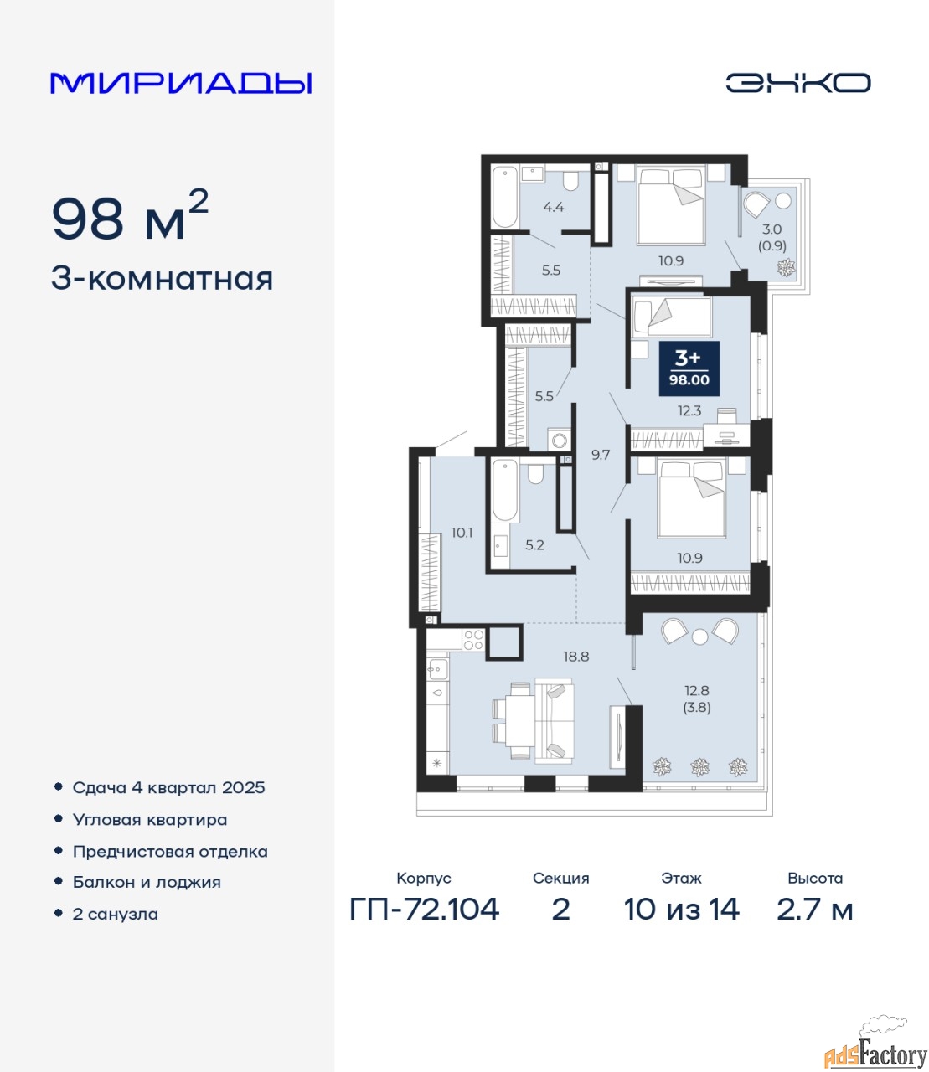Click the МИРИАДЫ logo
click(181, 83)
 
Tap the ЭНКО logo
click(797, 83)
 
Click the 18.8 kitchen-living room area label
click(576, 657)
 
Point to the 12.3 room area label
click(689, 410)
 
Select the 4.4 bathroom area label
click(554, 207)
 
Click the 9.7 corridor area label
click(601, 455)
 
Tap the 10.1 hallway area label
click(462, 533)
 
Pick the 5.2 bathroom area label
click(534, 545)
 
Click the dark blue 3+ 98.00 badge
click(689, 368)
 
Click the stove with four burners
click(473, 641)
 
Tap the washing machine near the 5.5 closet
click(560, 440)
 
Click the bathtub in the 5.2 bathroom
click(505, 490)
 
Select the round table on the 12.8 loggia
click(700, 636)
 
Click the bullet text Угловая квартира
click(150, 820)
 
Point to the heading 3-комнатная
click(163, 279)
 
